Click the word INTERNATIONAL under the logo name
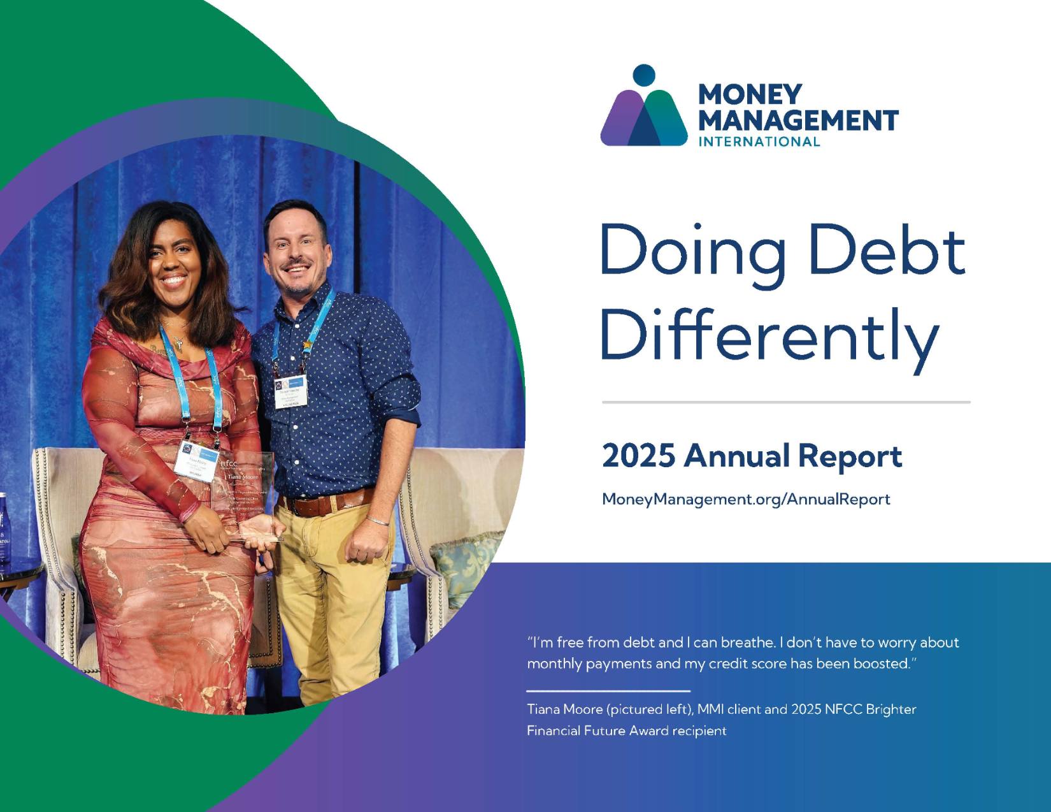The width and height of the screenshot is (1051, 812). pyautogui.click(x=759, y=141)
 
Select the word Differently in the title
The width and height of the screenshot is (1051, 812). pyautogui.click(x=769, y=335)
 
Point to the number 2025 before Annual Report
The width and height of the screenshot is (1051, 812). pyautogui.click(x=638, y=456)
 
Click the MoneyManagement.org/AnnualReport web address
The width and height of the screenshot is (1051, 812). pyautogui.click(x=745, y=499)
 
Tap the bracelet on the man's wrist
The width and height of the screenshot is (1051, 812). pyautogui.click(x=378, y=521)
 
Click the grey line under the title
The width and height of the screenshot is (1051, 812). pyautogui.click(x=786, y=402)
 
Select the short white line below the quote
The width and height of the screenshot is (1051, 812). pyautogui.click(x=608, y=690)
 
